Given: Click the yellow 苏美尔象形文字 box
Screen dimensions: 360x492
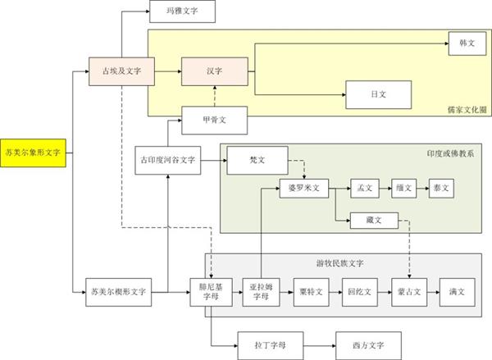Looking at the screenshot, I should pyautogui.click(x=32, y=152).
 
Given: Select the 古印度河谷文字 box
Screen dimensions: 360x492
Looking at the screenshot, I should pyautogui.click(x=167, y=160).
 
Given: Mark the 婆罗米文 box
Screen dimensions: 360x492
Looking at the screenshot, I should pyautogui.click(x=303, y=188).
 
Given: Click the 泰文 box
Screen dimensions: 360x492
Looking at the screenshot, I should pyautogui.click(x=441, y=188).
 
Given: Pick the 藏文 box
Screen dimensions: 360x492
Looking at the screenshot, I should pyautogui.click(x=374, y=219).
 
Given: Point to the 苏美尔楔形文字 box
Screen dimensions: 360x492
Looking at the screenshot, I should pyautogui.click(x=119, y=291).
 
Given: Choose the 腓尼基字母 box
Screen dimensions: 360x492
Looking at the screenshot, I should pyautogui.click(x=212, y=293).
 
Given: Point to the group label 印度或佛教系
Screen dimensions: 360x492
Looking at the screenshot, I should pyautogui.click(x=450, y=153).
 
